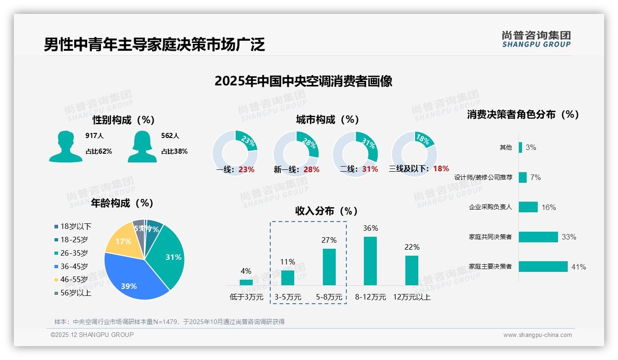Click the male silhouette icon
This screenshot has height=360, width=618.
click(x=65, y=146)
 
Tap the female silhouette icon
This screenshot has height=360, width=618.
click(x=142, y=146)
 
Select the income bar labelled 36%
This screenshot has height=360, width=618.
click(x=370, y=261)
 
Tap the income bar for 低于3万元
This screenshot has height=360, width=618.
click(x=246, y=282)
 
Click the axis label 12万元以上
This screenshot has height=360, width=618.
click(x=411, y=297)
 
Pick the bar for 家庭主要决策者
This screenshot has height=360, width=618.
click(x=543, y=266)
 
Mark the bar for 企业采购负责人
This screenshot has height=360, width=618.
click(x=528, y=207)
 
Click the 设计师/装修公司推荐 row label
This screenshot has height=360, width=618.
click(x=483, y=177)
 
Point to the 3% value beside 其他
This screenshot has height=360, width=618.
click(x=531, y=147)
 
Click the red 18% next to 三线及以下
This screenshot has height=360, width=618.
click(x=441, y=169)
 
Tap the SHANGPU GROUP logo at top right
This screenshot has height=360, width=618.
click(x=536, y=39)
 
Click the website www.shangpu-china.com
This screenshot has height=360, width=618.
click(x=537, y=335)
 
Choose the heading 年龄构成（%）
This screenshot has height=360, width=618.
click(x=122, y=203)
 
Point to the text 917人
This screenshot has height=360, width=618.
click(x=95, y=136)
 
